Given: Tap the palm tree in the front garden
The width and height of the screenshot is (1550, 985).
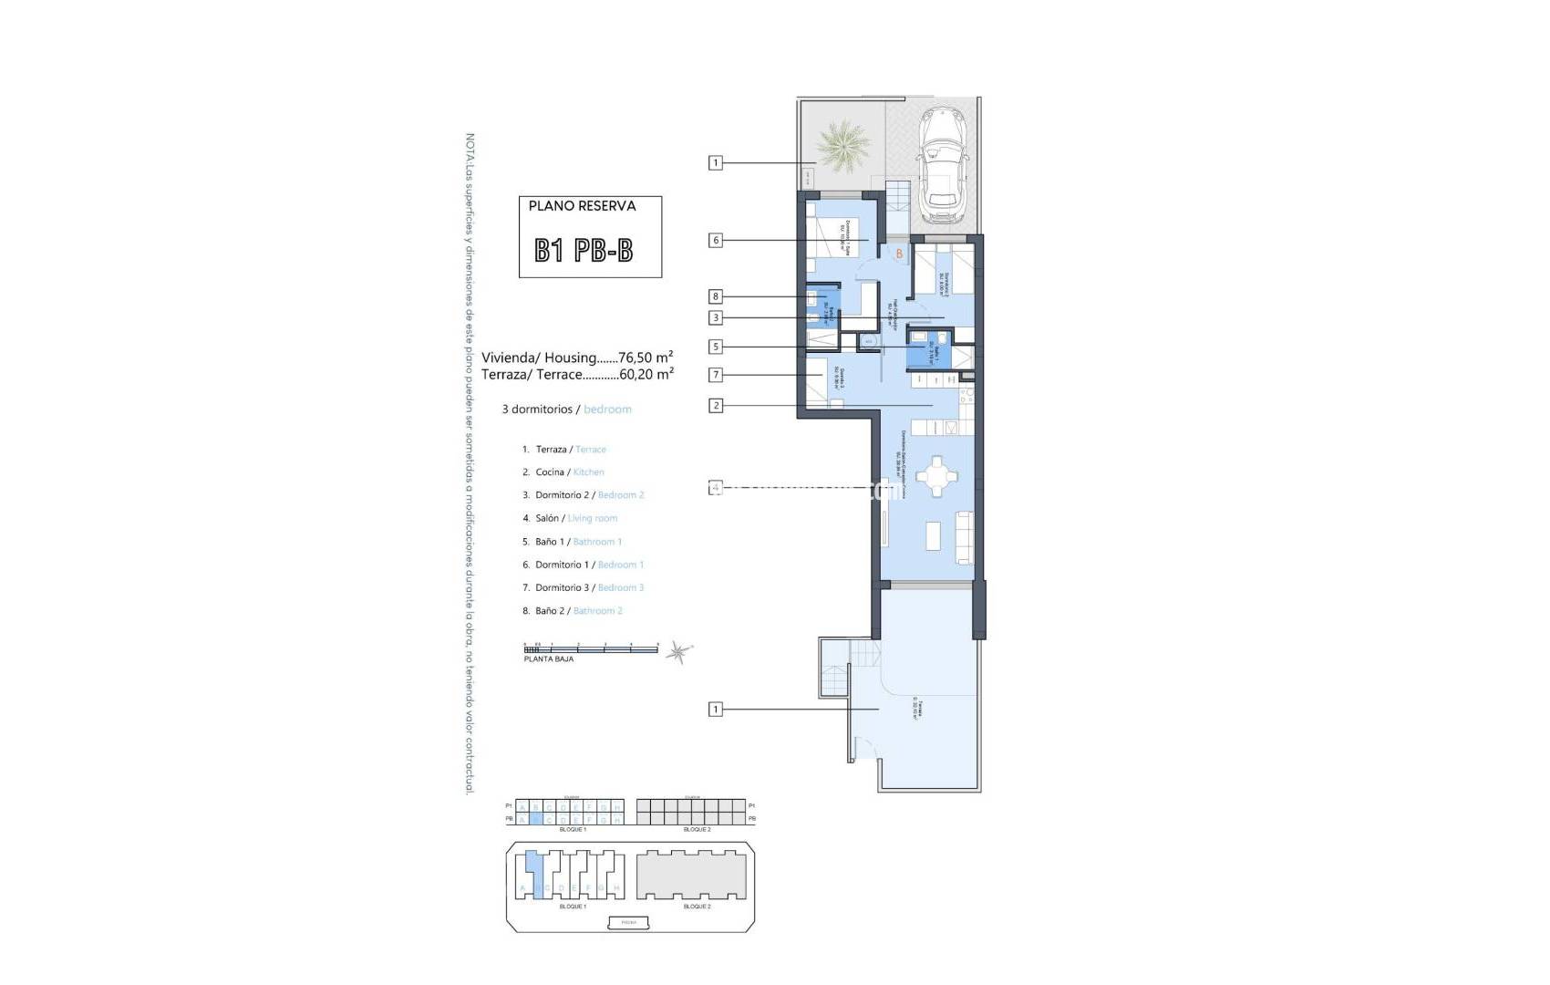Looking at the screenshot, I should click(x=842, y=145).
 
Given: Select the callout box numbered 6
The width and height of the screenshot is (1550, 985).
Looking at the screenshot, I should click(x=716, y=241).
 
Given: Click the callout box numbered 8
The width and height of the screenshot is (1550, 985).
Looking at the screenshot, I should click(x=716, y=296).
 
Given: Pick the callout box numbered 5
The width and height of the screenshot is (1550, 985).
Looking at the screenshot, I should click(x=716, y=347).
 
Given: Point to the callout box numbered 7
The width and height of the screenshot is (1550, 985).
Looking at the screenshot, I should click(x=716, y=374).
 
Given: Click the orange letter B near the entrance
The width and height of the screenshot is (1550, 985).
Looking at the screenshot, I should click(x=899, y=254).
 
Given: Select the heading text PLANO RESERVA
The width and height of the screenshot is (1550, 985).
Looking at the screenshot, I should click(x=582, y=206).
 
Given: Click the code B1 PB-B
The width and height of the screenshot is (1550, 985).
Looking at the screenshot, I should click(x=584, y=250).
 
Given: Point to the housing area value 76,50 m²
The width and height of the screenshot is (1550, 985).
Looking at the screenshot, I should click(x=646, y=358).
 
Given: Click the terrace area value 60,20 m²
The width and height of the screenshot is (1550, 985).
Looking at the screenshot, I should click(x=646, y=374).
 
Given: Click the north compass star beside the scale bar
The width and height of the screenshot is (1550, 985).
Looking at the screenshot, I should click(x=677, y=650).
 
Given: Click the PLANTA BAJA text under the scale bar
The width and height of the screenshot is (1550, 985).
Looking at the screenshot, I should click(x=549, y=658).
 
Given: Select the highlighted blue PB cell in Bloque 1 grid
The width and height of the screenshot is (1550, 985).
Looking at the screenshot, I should click(x=535, y=820).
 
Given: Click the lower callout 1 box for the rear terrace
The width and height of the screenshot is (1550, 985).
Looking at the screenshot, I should click(x=716, y=709).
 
